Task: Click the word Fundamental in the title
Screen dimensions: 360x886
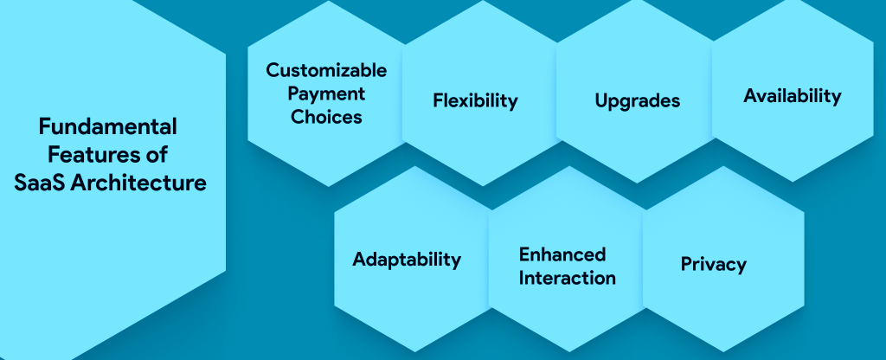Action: coord(108,127)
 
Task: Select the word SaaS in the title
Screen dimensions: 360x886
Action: coord(40,183)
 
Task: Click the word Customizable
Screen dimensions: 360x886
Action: coord(326,69)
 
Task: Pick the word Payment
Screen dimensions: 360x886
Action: coord(326,93)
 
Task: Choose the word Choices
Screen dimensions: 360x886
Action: coord(326,117)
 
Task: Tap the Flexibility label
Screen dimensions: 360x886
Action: coord(475,100)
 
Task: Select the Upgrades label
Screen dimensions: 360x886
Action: coord(638,100)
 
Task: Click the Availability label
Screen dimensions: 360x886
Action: coord(792,96)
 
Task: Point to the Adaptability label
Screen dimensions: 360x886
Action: coord(407,260)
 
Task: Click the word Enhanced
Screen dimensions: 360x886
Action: coord(562,254)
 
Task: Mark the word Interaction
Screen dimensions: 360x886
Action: coord(568,278)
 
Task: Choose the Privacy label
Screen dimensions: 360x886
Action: coord(713,264)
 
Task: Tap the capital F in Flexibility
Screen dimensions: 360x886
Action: coord(438,100)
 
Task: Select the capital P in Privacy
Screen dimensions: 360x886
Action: coord(686,264)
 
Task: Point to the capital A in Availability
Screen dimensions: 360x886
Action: coord(750,96)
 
